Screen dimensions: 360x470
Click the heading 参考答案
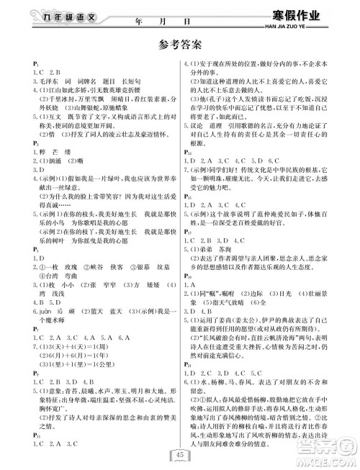tap(179, 44)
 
